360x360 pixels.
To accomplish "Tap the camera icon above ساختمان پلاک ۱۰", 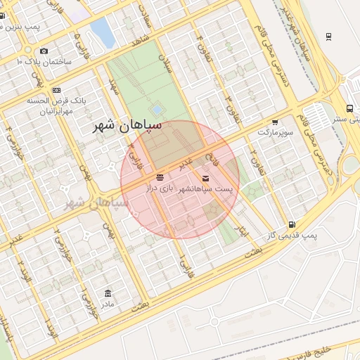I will (x=44, y=51).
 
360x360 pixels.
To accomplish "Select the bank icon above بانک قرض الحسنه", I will (x=56, y=90).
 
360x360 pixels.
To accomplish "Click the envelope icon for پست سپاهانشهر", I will (x=205, y=179).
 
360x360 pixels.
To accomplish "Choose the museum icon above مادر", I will (x=107, y=293).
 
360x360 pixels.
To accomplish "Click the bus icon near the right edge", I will (x=349, y=108).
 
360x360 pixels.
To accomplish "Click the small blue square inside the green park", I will (x=156, y=110).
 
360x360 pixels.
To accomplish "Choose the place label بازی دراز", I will (x=159, y=188).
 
